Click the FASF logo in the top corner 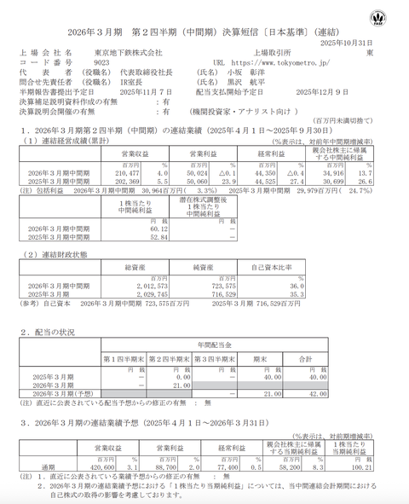[x=377, y=18]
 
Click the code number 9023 [x=102, y=62]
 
